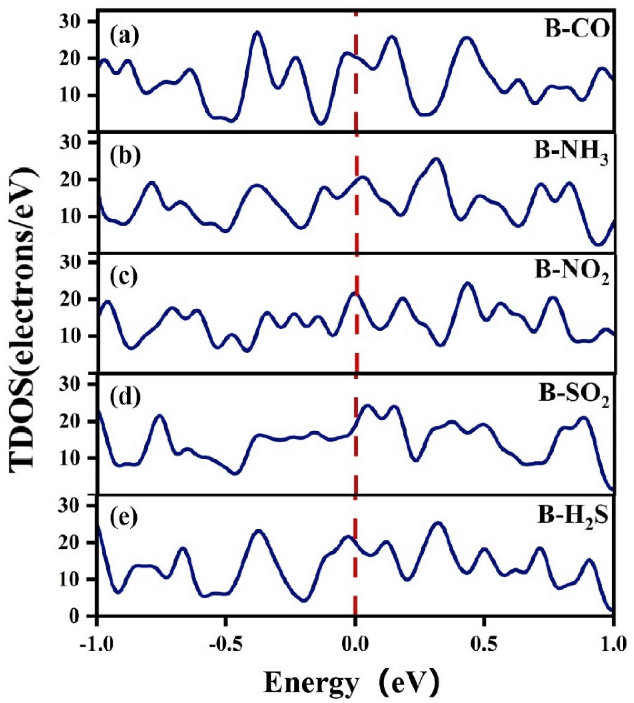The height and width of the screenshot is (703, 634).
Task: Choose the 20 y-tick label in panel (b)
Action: pos(75,179)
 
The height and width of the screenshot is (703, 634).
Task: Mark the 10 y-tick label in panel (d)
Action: pos(75,458)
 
